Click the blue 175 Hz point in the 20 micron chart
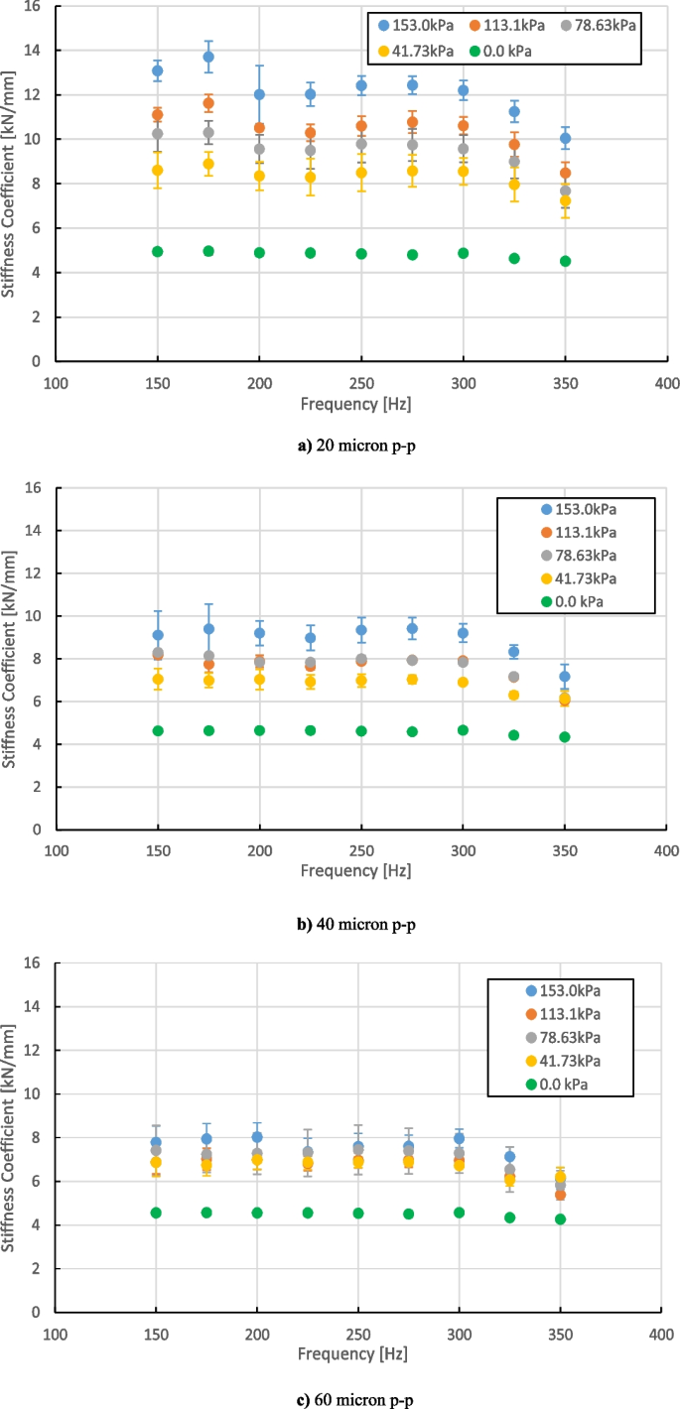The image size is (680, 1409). tap(208, 57)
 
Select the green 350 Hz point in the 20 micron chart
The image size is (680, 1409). tap(565, 261)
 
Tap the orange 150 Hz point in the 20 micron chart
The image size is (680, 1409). tap(158, 115)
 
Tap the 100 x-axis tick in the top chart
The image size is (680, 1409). tap(56, 382)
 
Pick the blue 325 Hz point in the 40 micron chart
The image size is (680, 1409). tap(514, 652)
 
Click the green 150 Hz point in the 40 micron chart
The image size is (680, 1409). tap(158, 730)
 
